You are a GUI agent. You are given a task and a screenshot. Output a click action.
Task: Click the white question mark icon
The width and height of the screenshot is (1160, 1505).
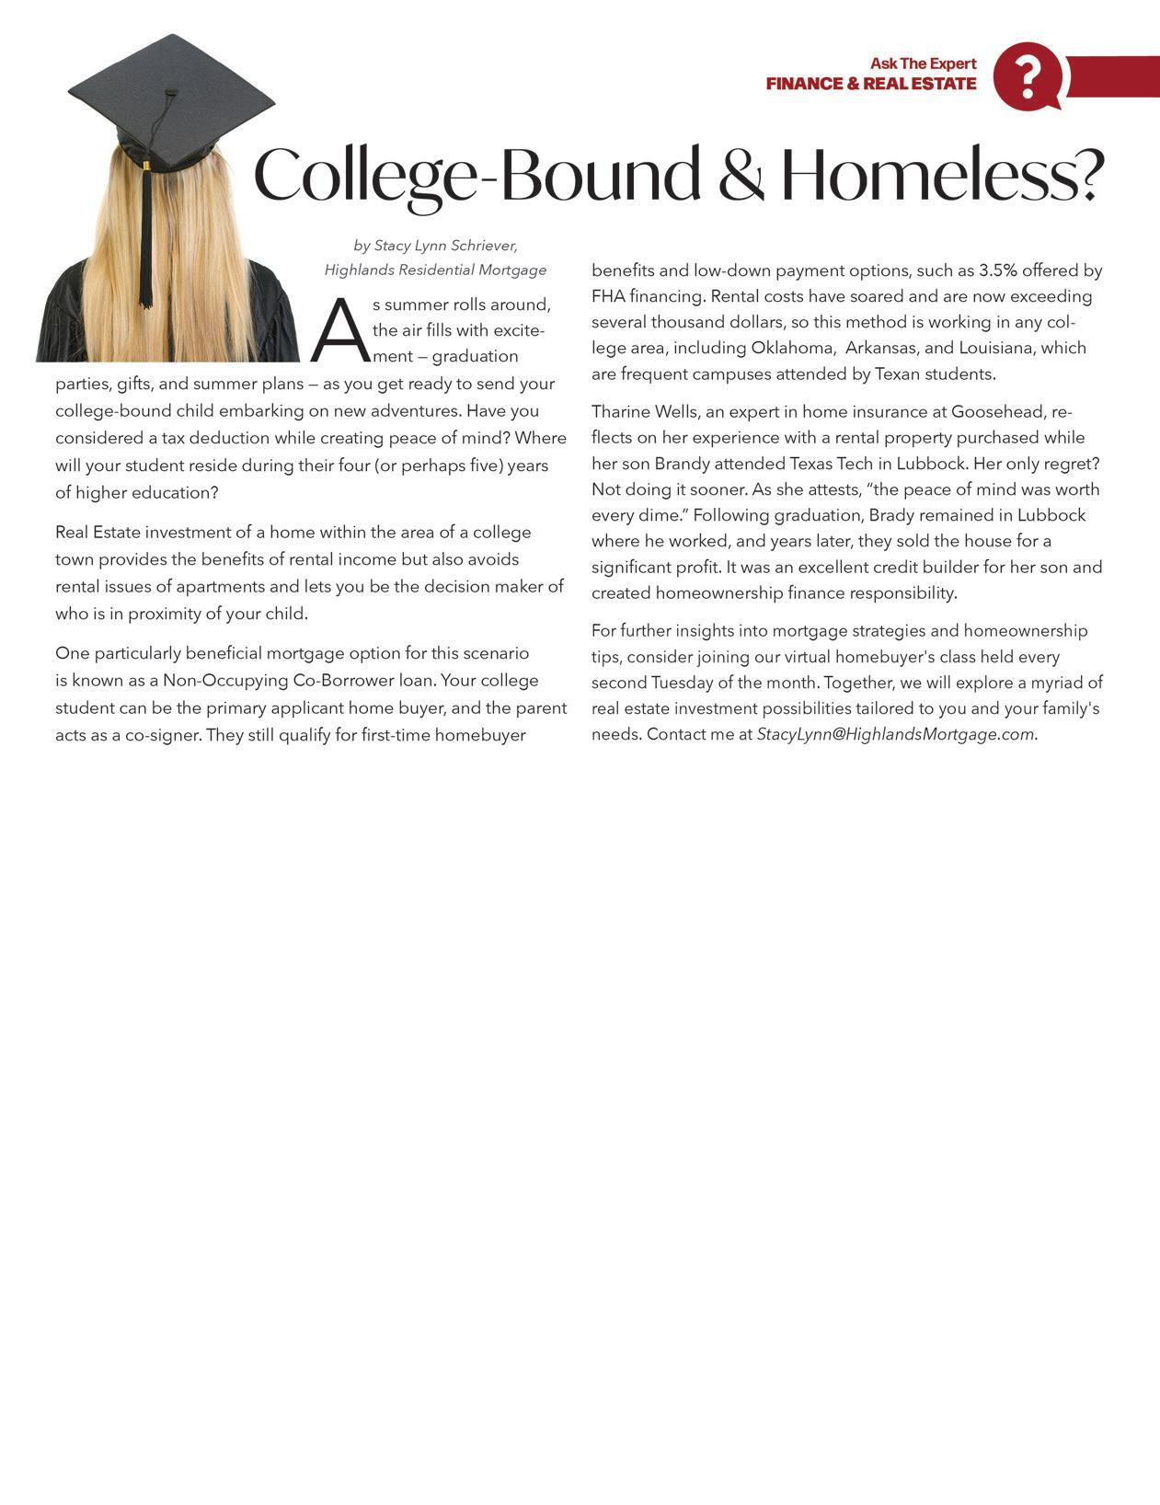click(1028, 76)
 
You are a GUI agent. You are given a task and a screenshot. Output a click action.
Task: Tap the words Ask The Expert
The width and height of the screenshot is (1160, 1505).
click(923, 63)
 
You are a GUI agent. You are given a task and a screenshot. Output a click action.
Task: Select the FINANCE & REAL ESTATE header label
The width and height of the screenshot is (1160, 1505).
click(870, 84)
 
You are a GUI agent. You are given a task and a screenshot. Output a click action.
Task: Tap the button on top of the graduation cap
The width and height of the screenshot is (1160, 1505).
click(171, 92)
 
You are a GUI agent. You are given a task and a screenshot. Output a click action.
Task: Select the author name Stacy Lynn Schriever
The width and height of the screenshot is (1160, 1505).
click(445, 246)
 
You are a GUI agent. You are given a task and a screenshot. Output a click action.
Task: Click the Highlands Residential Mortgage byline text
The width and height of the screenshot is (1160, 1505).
click(435, 270)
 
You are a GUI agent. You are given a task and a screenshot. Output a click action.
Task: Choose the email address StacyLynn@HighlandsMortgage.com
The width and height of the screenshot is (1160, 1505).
click(895, 734)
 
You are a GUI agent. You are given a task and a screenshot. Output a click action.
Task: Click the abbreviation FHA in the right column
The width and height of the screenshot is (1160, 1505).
click(608, 296)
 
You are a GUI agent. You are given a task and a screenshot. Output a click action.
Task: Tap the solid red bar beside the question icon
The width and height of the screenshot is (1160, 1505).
click(1113, 75)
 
